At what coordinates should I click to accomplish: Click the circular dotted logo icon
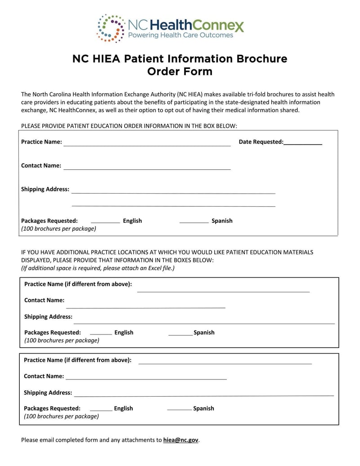pos(111,28)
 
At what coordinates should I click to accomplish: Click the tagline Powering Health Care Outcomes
pos(181,35)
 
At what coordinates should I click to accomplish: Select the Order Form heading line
pos(180,72)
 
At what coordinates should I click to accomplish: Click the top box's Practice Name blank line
pos(147,145)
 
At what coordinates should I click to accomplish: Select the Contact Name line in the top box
pos(147,169)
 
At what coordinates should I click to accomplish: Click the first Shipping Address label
pos(45,189)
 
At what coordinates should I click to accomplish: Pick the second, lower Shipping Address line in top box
pos(173,206)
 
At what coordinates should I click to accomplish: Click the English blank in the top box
pos(105,222)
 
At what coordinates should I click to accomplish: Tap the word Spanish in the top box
pos(222,221)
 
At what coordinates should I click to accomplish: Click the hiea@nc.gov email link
pos(180,440)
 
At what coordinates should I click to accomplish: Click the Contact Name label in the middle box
pos(44,300)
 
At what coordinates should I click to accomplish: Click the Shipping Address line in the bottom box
pos(204,395)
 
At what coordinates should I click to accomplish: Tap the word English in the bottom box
pos(123,408)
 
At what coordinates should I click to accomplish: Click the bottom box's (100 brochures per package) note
pos(61,416)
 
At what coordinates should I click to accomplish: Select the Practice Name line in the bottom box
pos(225,363)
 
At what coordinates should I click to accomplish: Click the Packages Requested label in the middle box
pos(52,332)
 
